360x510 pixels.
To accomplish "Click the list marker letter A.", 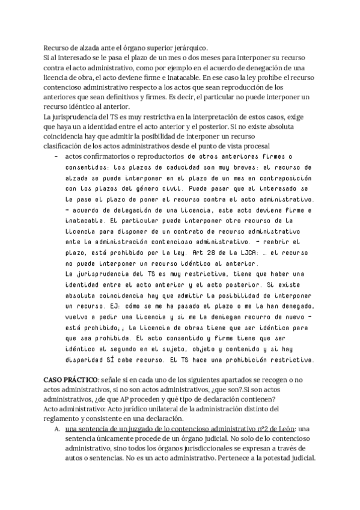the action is [x=56, y=429].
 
